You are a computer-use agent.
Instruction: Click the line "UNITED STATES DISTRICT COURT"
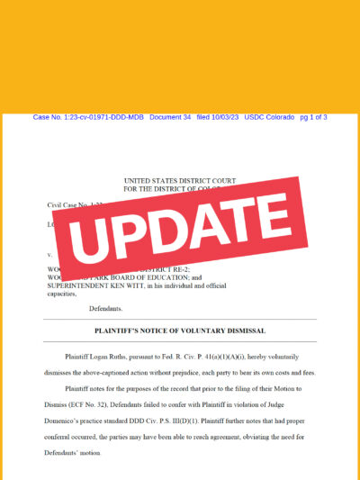(180, 181)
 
